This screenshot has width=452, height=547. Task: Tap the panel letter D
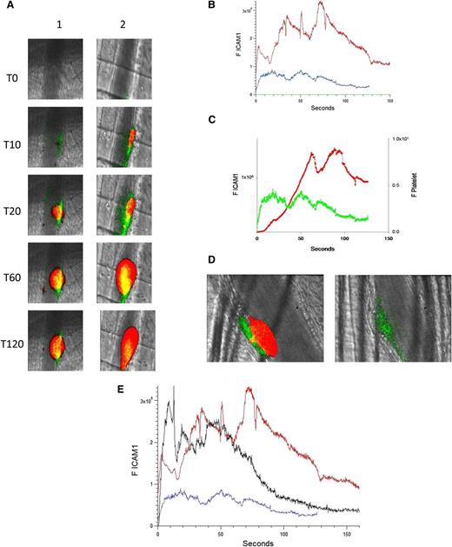click(209, 259)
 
